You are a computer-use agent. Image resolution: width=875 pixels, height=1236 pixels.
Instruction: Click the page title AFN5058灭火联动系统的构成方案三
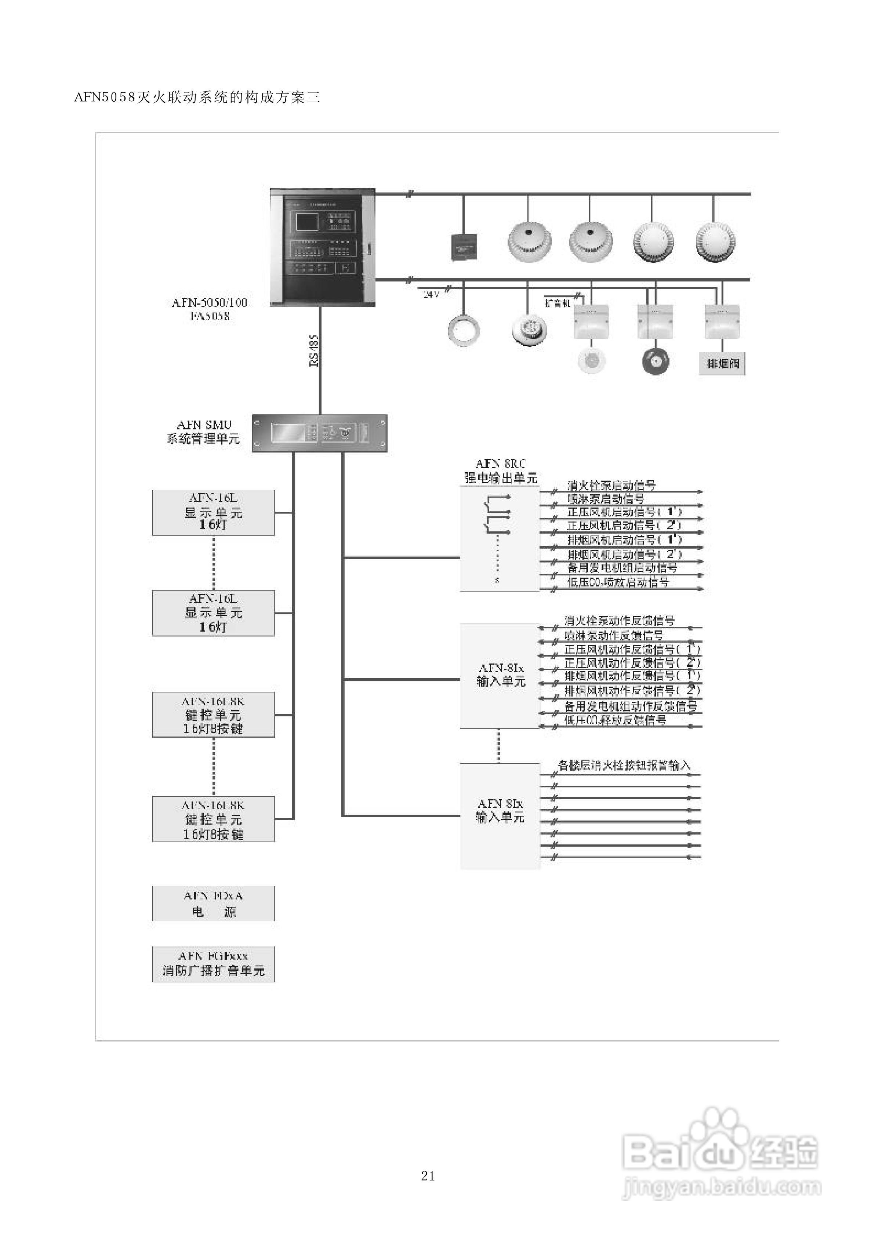[197, 98]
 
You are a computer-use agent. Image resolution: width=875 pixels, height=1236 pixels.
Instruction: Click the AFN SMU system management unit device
[320, 433]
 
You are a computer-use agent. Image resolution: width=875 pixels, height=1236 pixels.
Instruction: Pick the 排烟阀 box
[722, 364]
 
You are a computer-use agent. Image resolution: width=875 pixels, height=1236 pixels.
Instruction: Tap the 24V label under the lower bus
[431, 294]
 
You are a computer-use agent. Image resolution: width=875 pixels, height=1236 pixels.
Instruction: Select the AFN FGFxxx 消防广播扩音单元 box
[213, 964]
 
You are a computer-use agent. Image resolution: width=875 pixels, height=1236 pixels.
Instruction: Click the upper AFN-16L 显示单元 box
[213, 512]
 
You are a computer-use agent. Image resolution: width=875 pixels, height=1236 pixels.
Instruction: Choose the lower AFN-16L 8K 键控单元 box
[213, 819]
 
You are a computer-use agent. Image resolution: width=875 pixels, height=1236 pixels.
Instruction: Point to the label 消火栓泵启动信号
[611, 485]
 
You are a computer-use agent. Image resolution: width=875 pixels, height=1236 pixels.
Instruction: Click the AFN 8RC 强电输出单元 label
[501, 471]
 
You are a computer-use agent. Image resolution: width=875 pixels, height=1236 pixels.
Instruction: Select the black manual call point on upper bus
[463, 247]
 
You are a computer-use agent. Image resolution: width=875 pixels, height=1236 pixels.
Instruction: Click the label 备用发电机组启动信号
[622, 568]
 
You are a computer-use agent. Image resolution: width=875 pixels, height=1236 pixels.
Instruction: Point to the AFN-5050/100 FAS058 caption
[210, 309]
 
